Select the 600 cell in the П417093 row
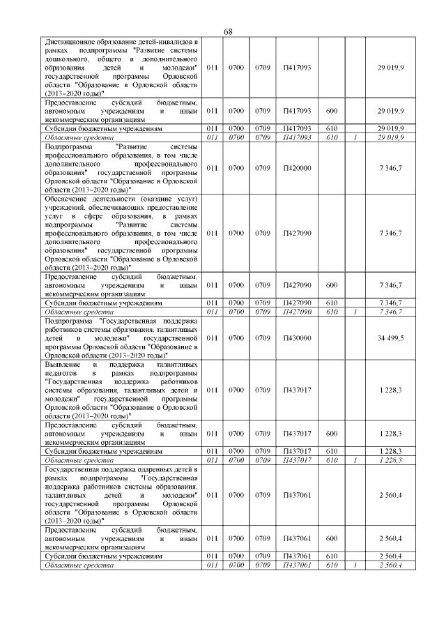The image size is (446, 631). pyautogui.click(x=332, y=111)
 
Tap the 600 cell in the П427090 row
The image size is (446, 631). pyautogui.click(x=332, y=285)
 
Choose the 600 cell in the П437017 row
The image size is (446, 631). pyautogui.click(x=332, y=433)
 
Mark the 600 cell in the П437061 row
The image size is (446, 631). pyautogui.click(x=332, y=539)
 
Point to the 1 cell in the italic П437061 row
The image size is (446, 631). pyautogui.click(x=355, y=565)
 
